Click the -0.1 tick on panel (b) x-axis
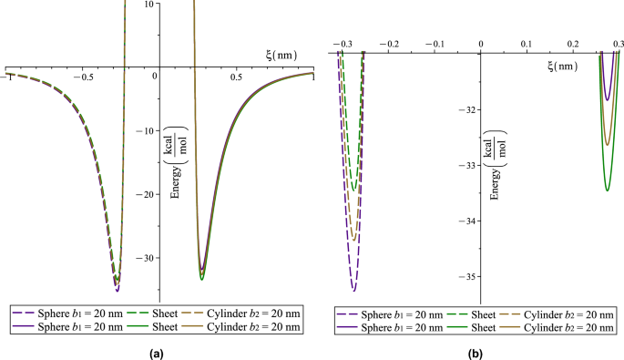click(435, 43)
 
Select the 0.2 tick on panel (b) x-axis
click(572, 43)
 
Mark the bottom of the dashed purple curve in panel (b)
click(353, 290)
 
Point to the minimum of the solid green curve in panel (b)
click(608, 190)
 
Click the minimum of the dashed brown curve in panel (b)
click(353, 240)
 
